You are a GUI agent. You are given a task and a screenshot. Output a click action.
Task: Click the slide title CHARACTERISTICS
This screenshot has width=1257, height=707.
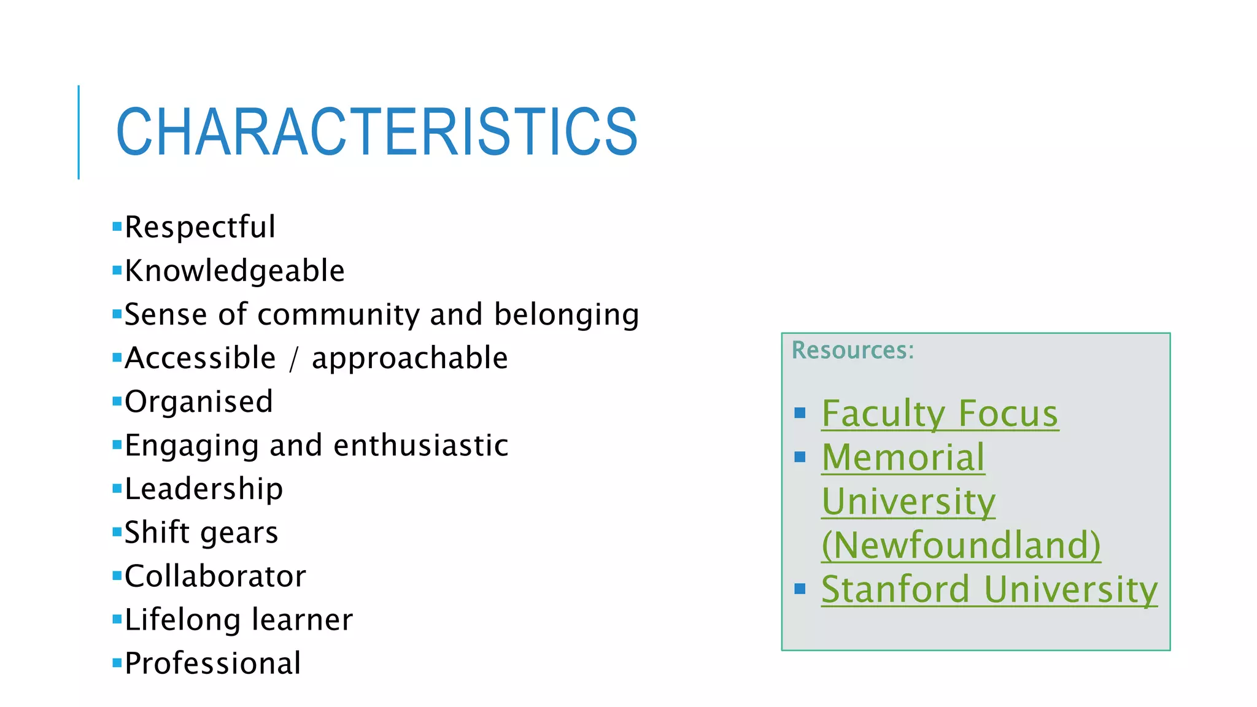(376, 132)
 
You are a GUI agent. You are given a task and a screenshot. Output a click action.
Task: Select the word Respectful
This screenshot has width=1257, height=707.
(200, 227)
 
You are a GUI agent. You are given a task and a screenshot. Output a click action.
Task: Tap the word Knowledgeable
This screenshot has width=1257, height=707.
(234, 271)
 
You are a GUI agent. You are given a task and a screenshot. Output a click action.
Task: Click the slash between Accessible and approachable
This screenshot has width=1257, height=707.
(294, 359)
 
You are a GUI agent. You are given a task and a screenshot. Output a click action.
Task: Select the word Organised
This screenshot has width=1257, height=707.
(199, 402)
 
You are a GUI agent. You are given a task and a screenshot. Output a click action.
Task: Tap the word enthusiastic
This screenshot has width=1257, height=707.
(421, 446)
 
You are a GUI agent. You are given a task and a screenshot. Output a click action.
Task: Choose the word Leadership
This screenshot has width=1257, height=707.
(204, 489)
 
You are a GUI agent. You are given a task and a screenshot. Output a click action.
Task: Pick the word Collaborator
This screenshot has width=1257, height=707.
(215, 576)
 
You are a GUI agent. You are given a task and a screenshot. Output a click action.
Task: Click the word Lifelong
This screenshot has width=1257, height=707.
(182, 620)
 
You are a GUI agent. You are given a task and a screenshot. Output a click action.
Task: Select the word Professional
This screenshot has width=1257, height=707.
(213, 663)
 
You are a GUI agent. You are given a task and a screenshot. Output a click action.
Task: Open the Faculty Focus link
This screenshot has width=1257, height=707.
(940, 414)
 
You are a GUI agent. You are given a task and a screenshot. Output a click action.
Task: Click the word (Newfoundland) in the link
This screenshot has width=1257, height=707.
(961, 545)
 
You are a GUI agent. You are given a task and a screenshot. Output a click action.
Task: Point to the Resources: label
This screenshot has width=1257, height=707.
(853, 350)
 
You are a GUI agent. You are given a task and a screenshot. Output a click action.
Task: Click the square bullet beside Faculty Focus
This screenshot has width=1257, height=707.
(800, 413)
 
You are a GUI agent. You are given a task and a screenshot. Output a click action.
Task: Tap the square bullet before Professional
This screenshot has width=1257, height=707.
(117, 663)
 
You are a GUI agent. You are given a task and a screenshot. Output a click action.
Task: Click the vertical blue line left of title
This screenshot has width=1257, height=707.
(79, 132)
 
